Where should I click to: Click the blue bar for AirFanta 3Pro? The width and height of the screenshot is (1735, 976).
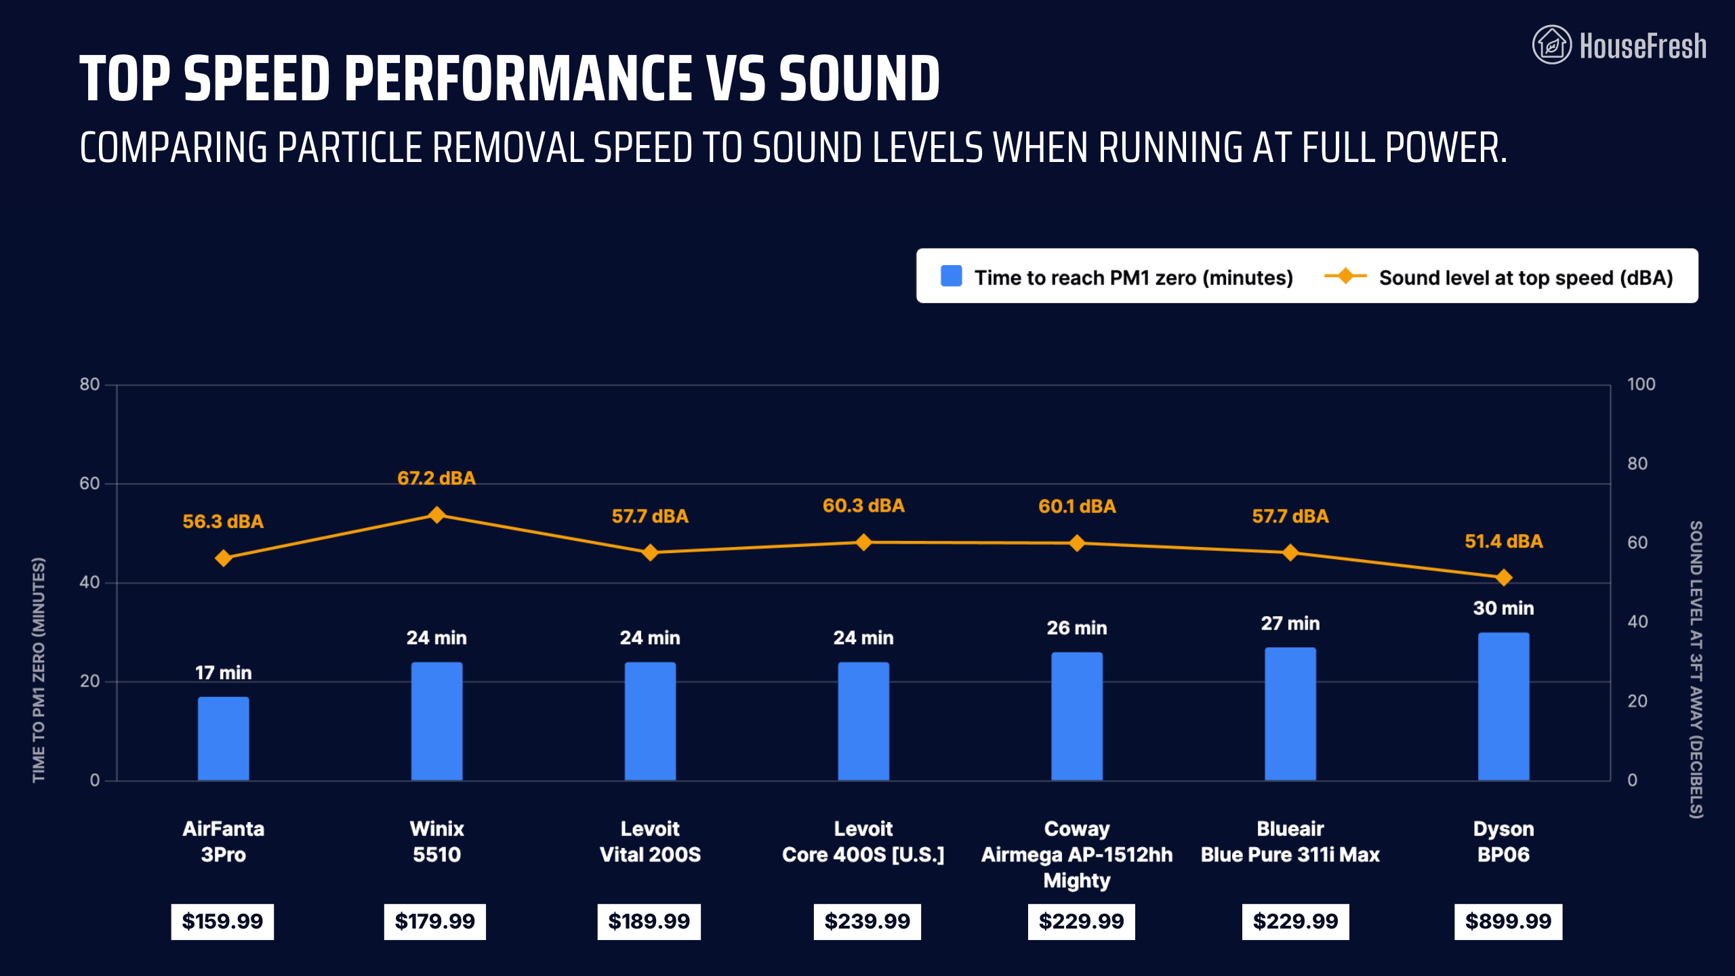tap(223, 738)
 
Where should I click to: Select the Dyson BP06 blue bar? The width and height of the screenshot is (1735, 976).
tap(1503, 706)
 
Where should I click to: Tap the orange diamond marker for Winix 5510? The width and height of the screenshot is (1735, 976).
tap(437, 515)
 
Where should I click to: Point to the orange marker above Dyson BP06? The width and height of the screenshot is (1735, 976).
tap(1503, 577)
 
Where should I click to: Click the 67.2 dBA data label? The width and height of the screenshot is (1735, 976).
tap(436, 479)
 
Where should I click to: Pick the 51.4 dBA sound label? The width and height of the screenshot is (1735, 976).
tap(1503, 542)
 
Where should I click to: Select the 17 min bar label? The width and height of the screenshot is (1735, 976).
tap(223, 673)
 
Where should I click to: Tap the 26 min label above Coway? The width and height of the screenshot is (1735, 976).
tap(1076, 628)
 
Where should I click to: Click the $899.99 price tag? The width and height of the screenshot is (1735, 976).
tap(1508, 922)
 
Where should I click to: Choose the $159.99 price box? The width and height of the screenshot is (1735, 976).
tap(222, 922)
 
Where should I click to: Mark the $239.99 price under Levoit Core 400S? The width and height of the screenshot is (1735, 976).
tap(867, 922)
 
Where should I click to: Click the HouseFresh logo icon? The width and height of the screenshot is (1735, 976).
tap(1551, 45)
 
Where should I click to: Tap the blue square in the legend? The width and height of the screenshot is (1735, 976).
tap(951, 277)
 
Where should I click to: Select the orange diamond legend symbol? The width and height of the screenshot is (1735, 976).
tap(1345, 276)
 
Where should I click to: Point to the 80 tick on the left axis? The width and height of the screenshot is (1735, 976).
tap(89, 384)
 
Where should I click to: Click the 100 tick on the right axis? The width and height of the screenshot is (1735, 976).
tap(1641, 384)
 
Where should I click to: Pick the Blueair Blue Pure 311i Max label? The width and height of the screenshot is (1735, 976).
tap(1290, 842)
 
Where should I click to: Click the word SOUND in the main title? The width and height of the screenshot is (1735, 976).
tap(859, 79)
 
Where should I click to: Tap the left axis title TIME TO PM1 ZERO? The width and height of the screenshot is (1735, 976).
tap(39, 670)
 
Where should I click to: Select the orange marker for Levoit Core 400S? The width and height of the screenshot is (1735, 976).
tap(863, 542)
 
